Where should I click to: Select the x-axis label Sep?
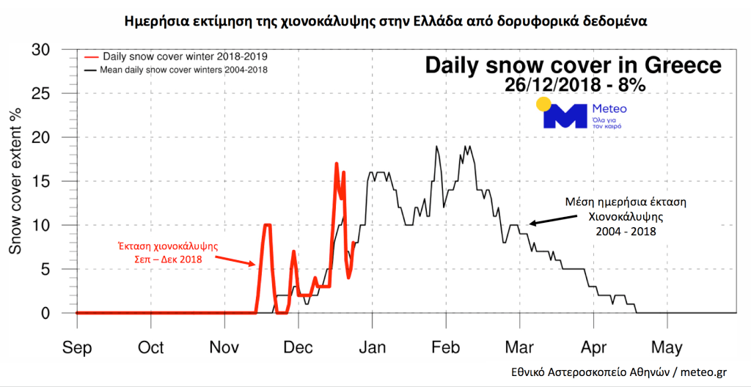pos(77,347)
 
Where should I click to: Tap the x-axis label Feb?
pos(446,347)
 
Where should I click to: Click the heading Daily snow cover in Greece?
pos(574,65)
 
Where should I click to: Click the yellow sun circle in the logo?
pos(543,103)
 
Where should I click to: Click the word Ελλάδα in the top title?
pos(437,19)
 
